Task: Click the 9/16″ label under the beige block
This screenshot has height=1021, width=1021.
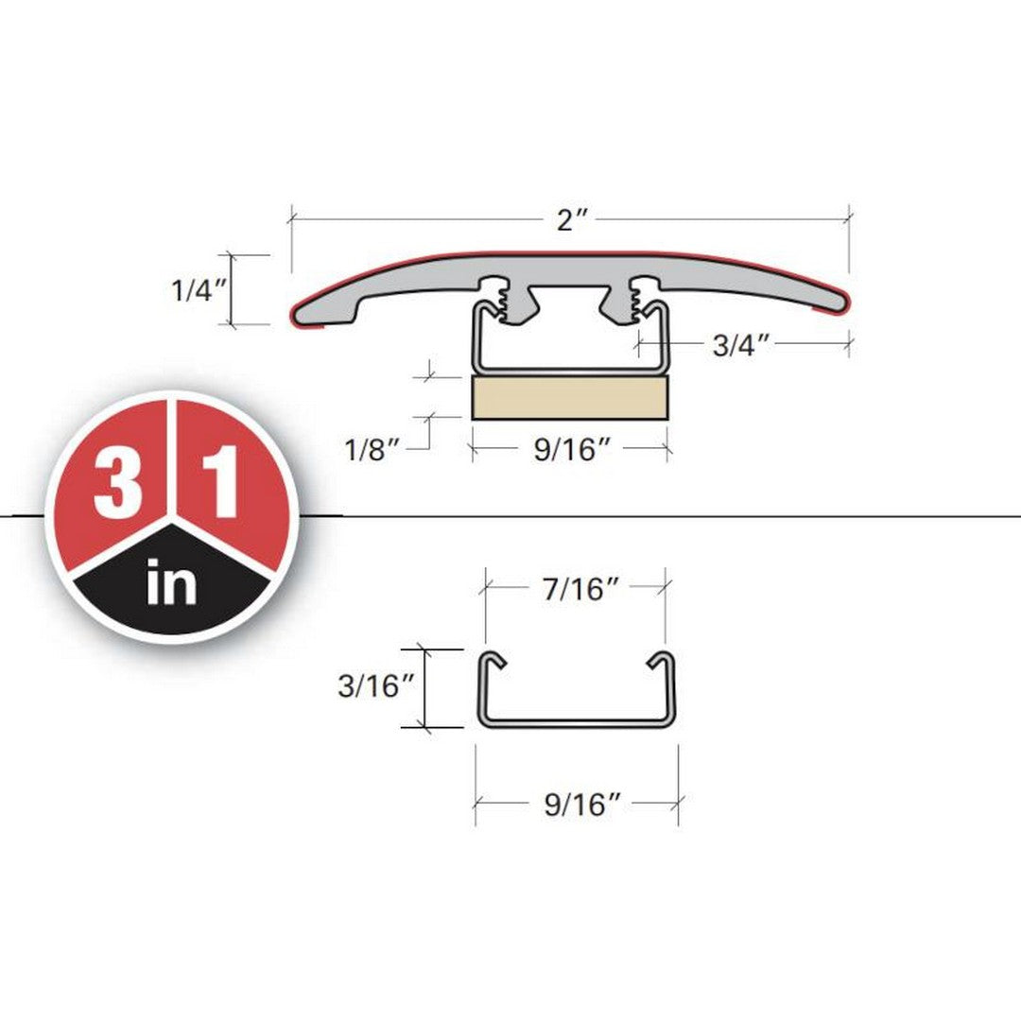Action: point(573,451)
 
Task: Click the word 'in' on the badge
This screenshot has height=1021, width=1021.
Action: point(172,583)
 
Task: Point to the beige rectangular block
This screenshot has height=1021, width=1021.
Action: point(570,397)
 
